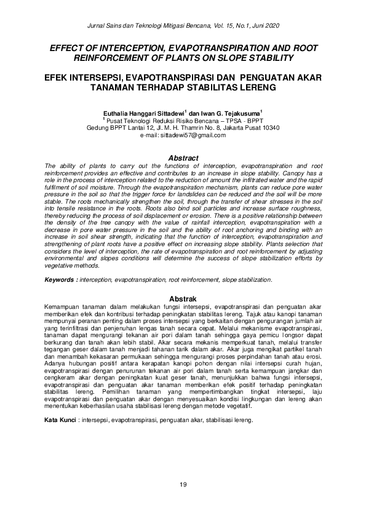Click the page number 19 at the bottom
[183, 486]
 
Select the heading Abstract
[183, 158]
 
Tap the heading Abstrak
[183, 298]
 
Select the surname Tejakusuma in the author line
[241, 113]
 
